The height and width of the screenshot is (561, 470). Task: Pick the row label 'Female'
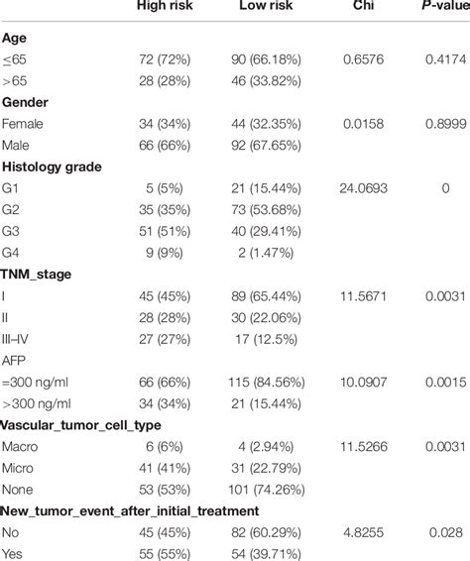(24, 127)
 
